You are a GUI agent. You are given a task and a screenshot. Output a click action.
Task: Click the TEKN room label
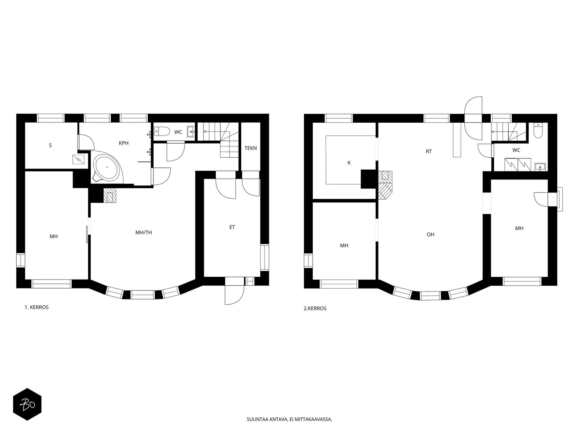250,148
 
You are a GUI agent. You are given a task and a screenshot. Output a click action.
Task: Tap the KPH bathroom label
123,143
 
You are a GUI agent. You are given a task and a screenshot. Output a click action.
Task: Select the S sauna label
50,145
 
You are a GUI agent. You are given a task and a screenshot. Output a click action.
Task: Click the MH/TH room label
144,233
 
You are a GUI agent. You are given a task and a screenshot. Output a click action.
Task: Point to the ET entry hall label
232,227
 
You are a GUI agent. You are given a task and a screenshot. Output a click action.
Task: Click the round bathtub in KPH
107,167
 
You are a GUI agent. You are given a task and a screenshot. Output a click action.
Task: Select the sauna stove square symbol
78,159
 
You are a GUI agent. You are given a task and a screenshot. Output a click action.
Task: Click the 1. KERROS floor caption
37,307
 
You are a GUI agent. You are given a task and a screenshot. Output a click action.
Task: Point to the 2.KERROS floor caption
315,308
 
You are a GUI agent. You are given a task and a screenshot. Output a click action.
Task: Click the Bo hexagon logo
27,404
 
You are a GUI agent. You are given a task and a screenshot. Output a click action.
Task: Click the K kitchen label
349,163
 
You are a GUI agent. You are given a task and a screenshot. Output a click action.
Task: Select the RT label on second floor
429,152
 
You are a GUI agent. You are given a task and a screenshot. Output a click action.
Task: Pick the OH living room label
431,234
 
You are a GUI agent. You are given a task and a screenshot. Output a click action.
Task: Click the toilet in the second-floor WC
538,131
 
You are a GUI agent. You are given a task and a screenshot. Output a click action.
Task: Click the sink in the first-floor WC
191,132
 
